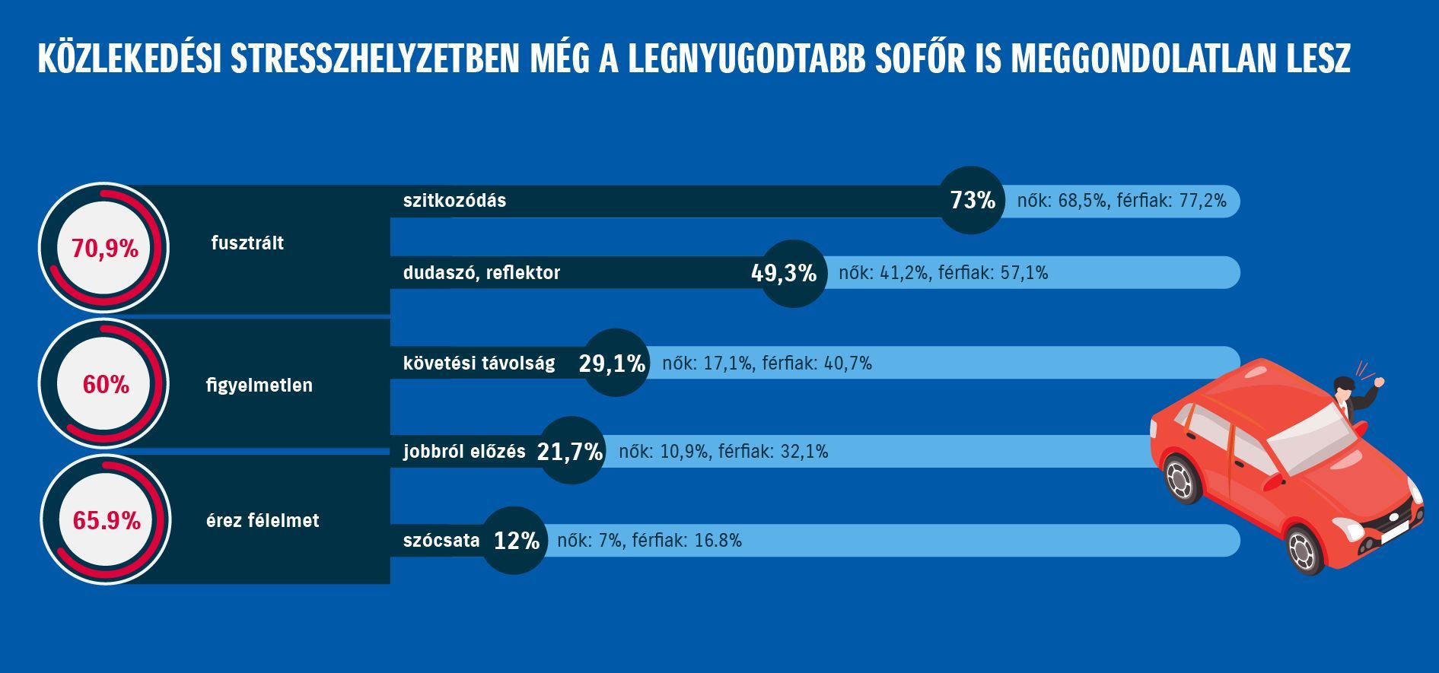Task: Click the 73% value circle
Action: pos(972,200)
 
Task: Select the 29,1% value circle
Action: pos(616,363)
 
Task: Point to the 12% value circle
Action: pos(515,541)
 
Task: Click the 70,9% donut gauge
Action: pos(104,248)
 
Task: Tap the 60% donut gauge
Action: pos(104,385)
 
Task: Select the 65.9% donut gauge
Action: pos(105,521)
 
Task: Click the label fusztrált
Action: pos(247,243)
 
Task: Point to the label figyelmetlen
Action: pos(259,385)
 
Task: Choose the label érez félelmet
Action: pos(263,521)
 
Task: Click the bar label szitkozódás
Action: pos(454,201)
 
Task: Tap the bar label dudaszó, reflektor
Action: pos(482,273)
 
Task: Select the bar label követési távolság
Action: pos(479,363)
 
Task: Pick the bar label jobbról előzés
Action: pos(464,452)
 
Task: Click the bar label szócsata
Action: pos(441,541)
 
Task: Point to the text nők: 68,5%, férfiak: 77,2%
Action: pos(1122,201)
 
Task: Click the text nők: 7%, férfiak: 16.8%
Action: pos(649,541)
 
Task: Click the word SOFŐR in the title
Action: pos(938,59)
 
